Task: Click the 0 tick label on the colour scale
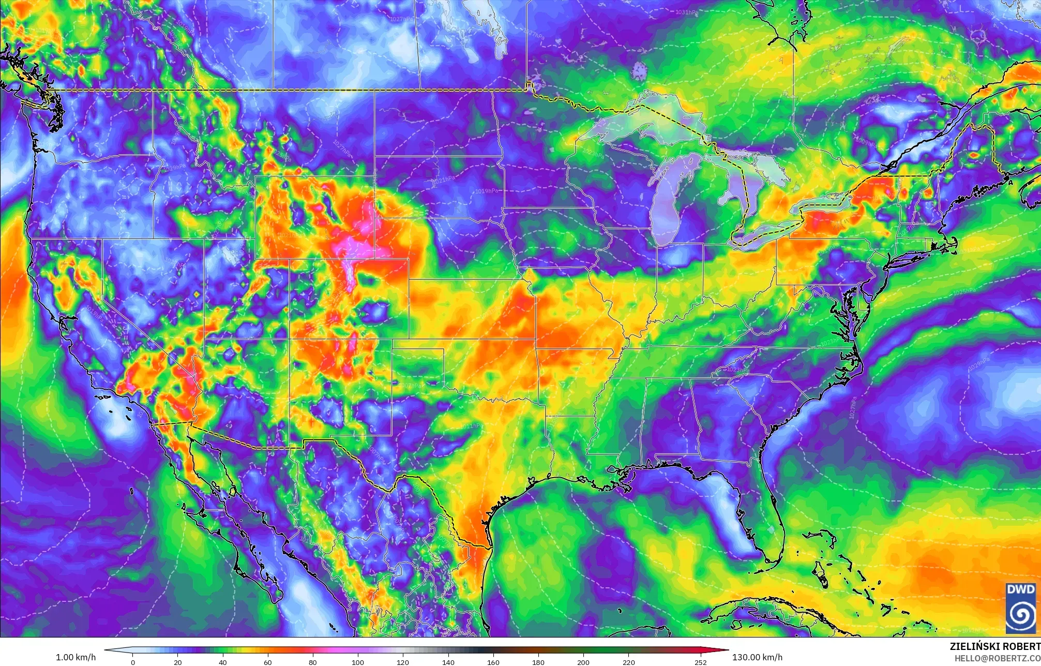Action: (x=133, y=662)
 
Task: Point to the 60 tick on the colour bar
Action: (x=268, y=662)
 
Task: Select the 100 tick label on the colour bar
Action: (x=358, y=662)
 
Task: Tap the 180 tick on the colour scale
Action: (x=538, y=662)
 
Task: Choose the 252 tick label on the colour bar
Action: (x=700, y=662)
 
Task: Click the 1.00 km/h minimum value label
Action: (x=76, y=657)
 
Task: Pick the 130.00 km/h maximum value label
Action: (x=757, y=657)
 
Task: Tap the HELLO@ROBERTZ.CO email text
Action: (x=998, y=658)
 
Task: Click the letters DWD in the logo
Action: (x=1021, y=590)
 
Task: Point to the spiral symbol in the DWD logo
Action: (x=1021, y=614)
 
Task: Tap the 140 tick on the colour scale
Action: (x=448, y=662)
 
